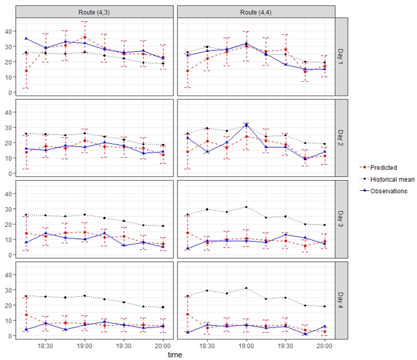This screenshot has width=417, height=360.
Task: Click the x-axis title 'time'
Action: (x=175, y=355)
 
